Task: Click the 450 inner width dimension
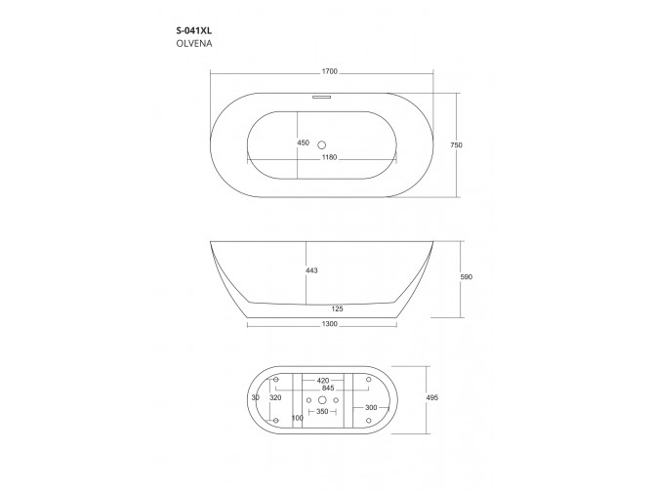303,143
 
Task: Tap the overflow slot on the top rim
321,96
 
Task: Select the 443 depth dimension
311,270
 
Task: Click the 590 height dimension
466,277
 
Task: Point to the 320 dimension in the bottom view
274,398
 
